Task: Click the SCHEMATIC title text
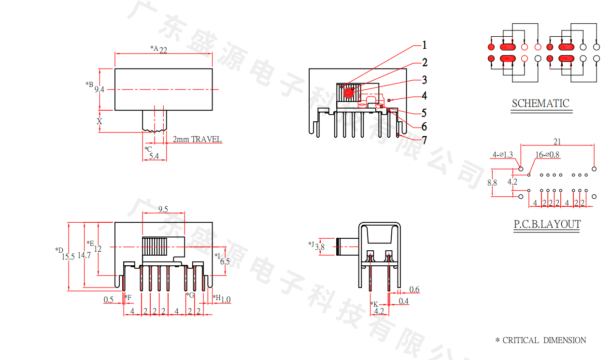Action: pos(541,103)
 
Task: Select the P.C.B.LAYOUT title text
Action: pos(546,224)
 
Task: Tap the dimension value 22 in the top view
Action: pos(163,50)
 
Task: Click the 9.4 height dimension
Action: pos(99,89)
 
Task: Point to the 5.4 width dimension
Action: pos(154,156)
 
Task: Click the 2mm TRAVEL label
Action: pos(198,139)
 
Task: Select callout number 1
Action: pos(425,45)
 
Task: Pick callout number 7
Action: pos(425,141)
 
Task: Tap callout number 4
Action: pos(424,96)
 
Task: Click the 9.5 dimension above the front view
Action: pos(163,209)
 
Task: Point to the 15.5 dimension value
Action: pos(68,257)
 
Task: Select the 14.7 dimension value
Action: pos(84,255)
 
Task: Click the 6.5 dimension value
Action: pos(225,261)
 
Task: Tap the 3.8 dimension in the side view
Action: pos(320,247)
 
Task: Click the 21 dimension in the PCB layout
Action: pos(557,142)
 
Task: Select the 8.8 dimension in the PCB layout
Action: pos(492,183)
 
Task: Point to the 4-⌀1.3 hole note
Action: pos(502,155)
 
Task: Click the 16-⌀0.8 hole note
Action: pos(547,155)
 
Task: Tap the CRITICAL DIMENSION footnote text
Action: pos(544,340)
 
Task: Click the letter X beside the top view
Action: pos(100,121)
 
